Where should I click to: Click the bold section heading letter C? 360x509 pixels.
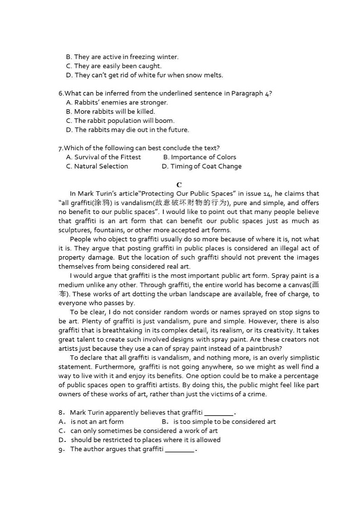(x=179, y=184)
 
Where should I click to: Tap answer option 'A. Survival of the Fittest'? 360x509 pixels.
(x=103, y=157)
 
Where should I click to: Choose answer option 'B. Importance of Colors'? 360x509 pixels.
(x=199, y=157)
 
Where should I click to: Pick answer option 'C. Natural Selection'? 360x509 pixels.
(x=97, y=166)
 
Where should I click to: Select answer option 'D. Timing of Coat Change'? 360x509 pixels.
(x=201, y=166)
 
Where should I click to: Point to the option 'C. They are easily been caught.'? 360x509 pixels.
(x=113, y=66)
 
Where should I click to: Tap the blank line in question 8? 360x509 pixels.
(x=219, y=413)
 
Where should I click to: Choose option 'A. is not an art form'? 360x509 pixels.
(x=91, y=422)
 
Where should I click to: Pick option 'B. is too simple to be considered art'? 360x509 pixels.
(x=219, y=422)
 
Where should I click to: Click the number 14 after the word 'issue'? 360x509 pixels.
(x=268, y=194)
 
